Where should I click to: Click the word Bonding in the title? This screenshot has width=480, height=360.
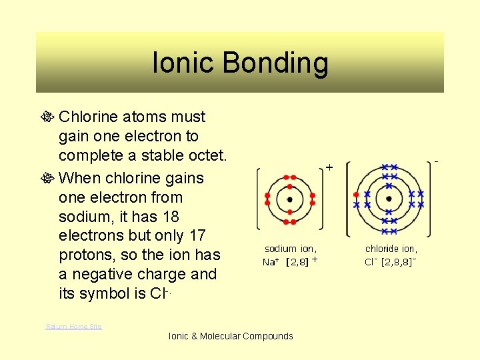click(x=275, y=63)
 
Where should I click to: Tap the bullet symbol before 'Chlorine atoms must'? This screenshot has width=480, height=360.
click(x=49, y=117)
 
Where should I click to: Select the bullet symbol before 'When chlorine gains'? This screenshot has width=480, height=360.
click(x=49, y=179)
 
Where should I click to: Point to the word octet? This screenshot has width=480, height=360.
click(x=205, y=156)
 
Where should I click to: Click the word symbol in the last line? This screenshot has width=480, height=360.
click(x=107, y=294)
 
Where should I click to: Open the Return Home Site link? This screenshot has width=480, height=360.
click(x=73, y=326)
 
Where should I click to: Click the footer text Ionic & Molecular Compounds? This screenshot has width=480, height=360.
click(x=231, y=336)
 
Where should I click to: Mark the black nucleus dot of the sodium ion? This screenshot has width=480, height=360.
click(x=289, y=199)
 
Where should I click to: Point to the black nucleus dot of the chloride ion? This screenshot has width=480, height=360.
click(x=389, y=199)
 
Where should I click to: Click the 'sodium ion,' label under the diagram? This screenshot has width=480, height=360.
click(x=291, y=249)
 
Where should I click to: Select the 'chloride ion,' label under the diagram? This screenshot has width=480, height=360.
click(x=391, y=249)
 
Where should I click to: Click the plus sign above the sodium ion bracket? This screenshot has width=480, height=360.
click(x=329, y=168)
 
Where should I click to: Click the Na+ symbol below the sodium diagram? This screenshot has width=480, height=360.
click(x=271, y=261)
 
